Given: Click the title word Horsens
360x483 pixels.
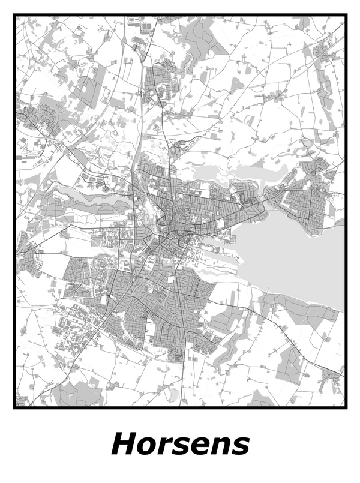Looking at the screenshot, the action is click(x=180, y=445).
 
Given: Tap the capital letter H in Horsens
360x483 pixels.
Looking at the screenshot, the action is click(x=124, y=445).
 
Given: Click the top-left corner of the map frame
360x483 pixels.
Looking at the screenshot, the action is click(x=14, y=17).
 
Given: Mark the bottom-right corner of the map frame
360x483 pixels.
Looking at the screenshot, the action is click(x=346, y=407).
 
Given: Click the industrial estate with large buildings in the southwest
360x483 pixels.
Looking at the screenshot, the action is click(x=75, y=330).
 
